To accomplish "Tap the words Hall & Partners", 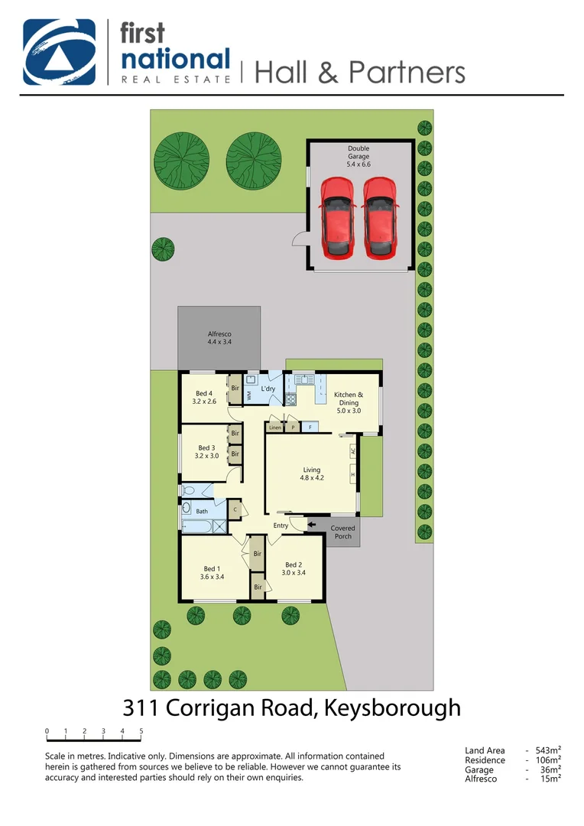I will coord(359,72).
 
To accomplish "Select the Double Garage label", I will coord(359,156).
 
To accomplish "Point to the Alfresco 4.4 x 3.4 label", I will coord(219,338).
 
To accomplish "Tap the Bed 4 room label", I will coord(204,397).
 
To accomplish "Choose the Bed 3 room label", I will coord(208,452).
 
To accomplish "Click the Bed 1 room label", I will coord(213,572).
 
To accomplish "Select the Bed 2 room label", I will coord(294,568).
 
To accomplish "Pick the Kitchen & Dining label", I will coord(347,402).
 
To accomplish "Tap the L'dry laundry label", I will coord(268,389).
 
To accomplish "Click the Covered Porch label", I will coord(342,532).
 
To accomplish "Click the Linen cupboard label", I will coord(275,428).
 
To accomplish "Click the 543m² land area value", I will coord(548,751).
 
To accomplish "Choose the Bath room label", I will coord(202,511).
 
